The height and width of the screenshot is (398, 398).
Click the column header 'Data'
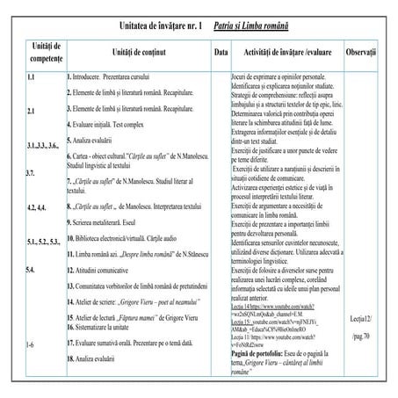click(221, 52)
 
